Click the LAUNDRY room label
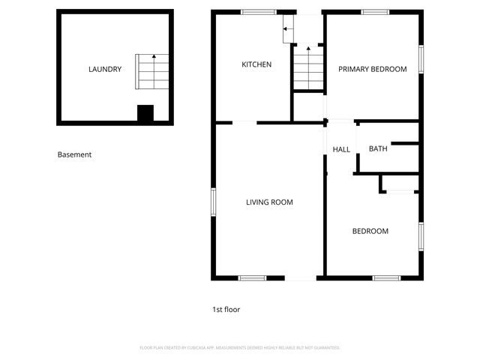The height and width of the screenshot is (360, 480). click(x=105, y=70)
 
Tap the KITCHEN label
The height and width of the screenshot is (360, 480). click(x=256, y=64)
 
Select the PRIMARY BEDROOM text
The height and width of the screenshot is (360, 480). click(x=372, y=69)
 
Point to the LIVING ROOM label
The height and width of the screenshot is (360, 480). click(x=269, y=202)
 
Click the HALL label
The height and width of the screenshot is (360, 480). click(x=341, y=149)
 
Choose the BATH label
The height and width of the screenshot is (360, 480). click(x=378, y=148)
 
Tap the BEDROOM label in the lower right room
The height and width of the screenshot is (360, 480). click(x=370, y=231)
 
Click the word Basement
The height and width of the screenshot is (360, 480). click(x=74, y=154)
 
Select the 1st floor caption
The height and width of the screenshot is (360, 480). click(x=226, y=309)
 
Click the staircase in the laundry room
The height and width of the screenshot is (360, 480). click(x=152, y=71)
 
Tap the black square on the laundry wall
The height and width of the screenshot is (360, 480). click(x=145, y=114)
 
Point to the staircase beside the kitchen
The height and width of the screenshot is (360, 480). click(x=307, y=67)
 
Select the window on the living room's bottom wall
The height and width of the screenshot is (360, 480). click(x=252, y=278)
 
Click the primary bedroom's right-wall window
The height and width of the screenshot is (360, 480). click(x=421, y=59)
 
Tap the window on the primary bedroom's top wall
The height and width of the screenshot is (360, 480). click(x=375, y=12)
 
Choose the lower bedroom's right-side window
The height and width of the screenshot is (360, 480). click(x=421, y=235)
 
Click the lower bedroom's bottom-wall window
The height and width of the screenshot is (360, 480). click(x=386, y=278)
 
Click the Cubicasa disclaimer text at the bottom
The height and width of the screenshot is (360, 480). click(x=240, y=348)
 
